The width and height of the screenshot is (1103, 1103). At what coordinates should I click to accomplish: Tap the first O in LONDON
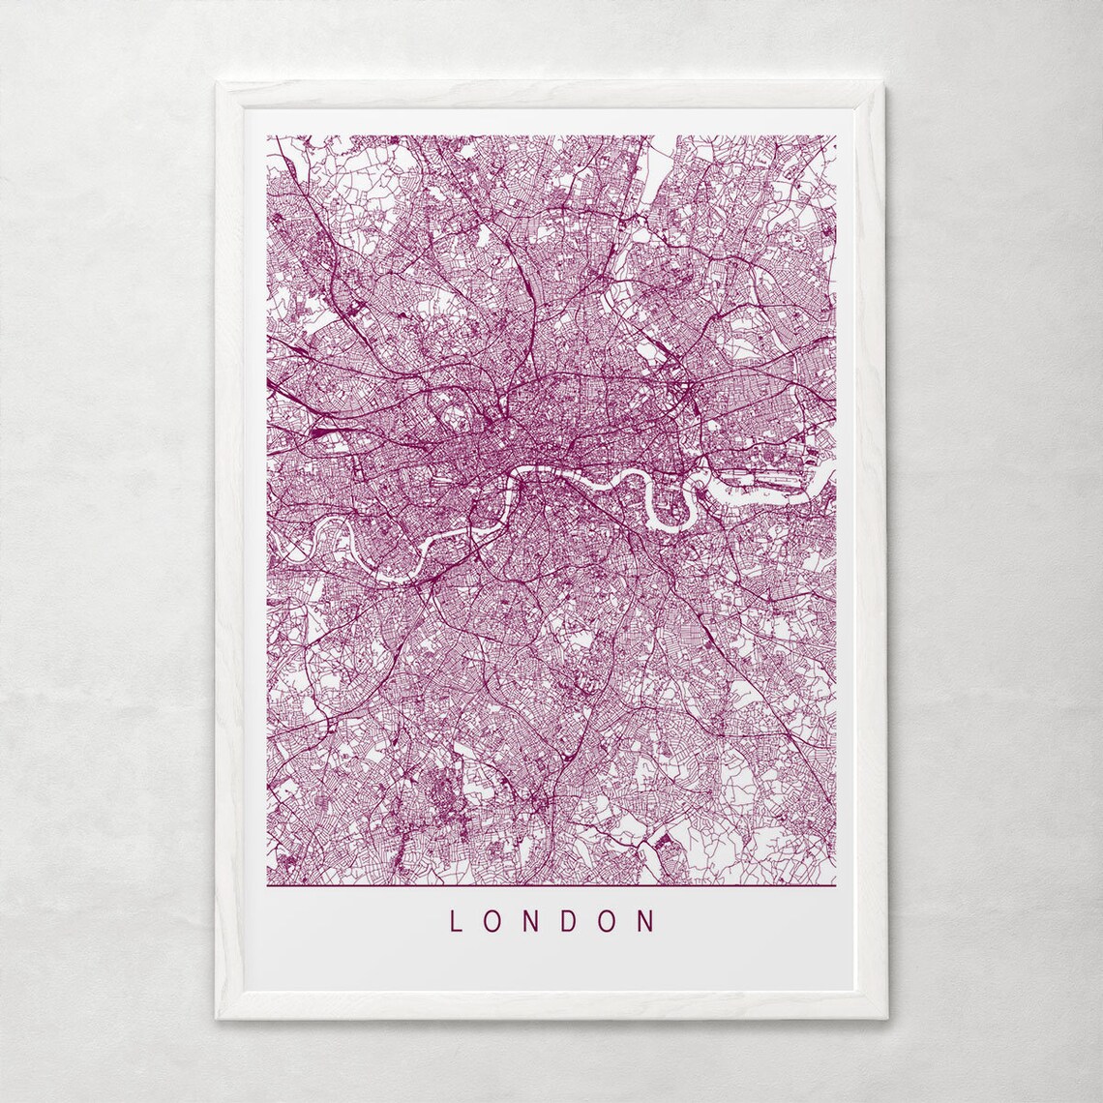[x=493, y=920]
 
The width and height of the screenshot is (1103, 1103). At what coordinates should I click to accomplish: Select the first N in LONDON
[x=532, y=920]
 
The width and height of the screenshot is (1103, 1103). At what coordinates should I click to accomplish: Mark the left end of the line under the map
[x=268, y=885]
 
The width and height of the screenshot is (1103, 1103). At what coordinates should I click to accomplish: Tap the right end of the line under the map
[x=834, y=885]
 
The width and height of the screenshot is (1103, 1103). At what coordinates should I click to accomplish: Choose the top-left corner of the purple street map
[x=268, y=136]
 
